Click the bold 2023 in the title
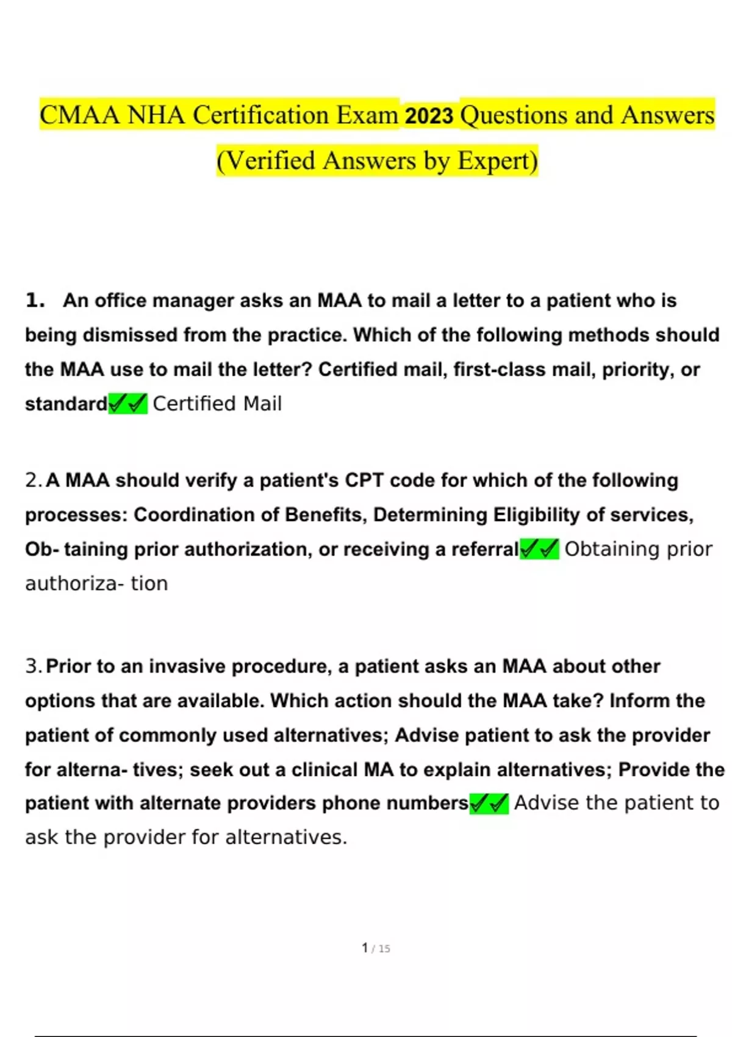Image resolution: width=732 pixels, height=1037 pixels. [x=429, y=116]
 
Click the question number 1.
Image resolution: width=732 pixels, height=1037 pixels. [x=35, y=300]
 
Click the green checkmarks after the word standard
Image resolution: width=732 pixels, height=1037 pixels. [x=128, y=403]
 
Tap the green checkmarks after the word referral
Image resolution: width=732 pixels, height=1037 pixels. [x=539, y=549]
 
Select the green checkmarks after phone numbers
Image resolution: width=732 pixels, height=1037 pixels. [x=489, y=803]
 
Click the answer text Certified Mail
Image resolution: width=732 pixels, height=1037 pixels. [x=217, y=404]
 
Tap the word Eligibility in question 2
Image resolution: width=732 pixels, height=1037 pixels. [x=536, y=515]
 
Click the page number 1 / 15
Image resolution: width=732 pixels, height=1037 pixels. [x=376, y=948]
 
